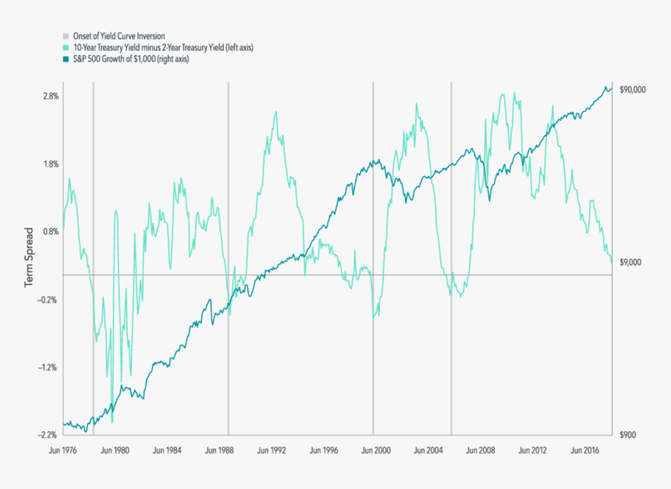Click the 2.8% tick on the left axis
click(48, 96)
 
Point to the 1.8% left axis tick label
click(48, 164)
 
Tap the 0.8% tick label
click(48, 232)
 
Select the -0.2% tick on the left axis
click(48, 299)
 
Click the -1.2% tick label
click(48, 367)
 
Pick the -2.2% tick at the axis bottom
click(48, 434)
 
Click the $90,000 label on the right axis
click(633, 90)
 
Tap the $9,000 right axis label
click(630, 263)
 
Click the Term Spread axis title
click(29, 257)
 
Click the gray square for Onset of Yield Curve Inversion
click(66, 36)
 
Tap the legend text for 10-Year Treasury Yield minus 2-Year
click(163, 48)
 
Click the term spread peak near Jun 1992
click(276, 112)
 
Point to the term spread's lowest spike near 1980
click(112, 422)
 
